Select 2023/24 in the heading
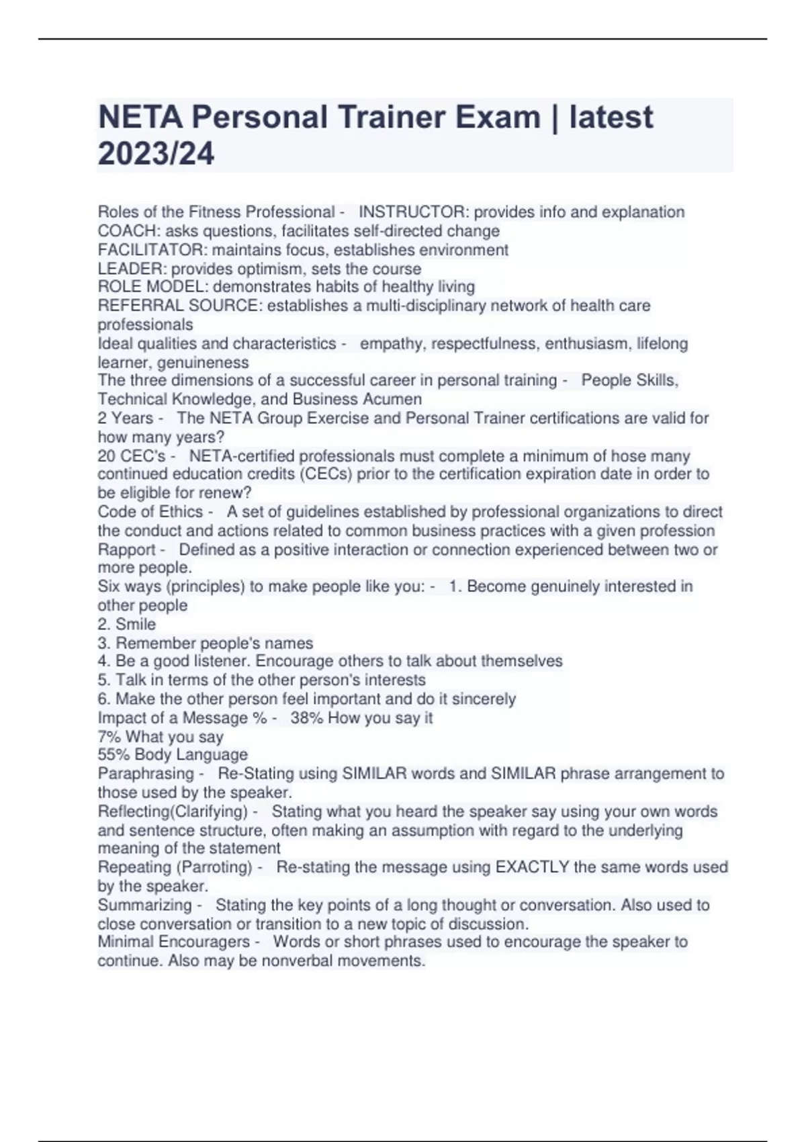pyautogui.click(x=156, y=153)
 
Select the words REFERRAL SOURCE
pyautogui.click(x=178, y=306)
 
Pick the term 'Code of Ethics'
pyautogui.click(x=150, y=512)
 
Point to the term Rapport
pyautogui.click(x=127, y=550)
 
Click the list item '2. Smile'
pyautogui.click(x=127, y=624)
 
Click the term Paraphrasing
pyautogui.click(x=146, y=774)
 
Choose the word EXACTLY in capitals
pyautogui.click(x=532, y=867)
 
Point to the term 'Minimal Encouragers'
pyautogui.click(x=173, y=942)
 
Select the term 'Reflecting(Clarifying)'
pyautogui.click(x=173, y=811)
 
